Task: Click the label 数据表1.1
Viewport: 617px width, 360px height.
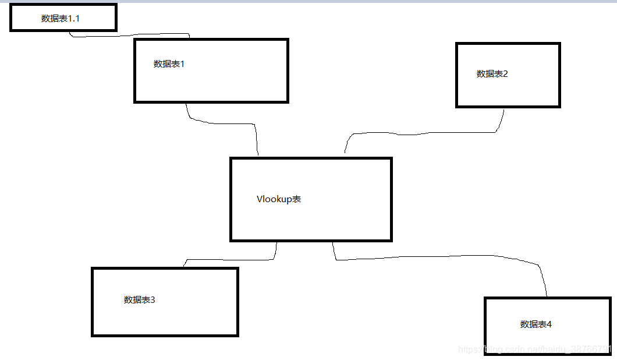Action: pyautogui.click(x=61, y=19)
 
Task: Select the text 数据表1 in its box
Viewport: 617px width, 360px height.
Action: pyautogui.click(x=169, y=64)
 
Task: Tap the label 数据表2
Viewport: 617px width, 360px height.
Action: pyautogui.click(x=492, y=74)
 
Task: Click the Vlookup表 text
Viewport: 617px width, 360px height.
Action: pyautogui.click(x=279, y=199)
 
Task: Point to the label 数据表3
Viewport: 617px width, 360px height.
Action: pyautogui.click(x=140, y=300)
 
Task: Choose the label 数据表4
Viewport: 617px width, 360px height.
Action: pyautogui.click(x=536, y=324)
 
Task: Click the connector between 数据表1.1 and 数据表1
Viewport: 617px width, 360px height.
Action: pyautogui.click(x=128, y=35)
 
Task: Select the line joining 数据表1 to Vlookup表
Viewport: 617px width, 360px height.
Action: pyautogui.click(x=227, y=123)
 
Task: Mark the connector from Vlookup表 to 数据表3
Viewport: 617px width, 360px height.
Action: pyautogui.click(x=233, y=260)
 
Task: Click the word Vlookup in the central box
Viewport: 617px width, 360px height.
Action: pyautogui.click(x=274, y=199)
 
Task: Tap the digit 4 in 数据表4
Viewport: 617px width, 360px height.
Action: pyautogui.click(x=549, y=324)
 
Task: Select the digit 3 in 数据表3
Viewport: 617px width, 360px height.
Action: pyautogui.click(x=153, y=300)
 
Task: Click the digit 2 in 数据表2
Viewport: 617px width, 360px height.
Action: pyautogui.click(x=506, y=74)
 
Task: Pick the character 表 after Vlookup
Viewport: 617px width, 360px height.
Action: pyautogui.click(x=297, y=199)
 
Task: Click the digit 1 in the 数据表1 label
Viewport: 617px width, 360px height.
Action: pyautogui.click(x=182, y=64)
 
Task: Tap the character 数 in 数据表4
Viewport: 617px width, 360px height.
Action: pyautogui.click(x=524, y=324)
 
